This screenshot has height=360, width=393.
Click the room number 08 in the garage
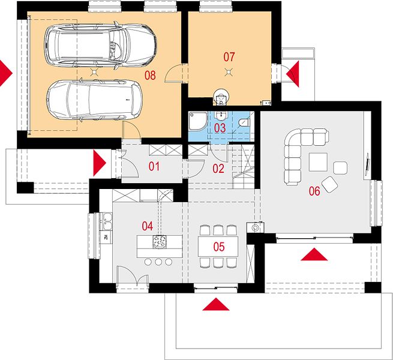[150, 75]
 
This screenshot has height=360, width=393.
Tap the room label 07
[229, 56]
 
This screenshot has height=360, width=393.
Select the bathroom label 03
[220, 128]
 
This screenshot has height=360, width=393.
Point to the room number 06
[314, 191]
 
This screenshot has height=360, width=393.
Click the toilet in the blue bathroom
[244, 122]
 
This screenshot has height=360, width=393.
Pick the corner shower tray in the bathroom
[198, 122]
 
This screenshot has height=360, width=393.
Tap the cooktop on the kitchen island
[160, 242]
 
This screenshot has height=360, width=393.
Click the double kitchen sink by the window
[106, 221]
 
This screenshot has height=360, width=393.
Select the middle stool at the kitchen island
[158, 262]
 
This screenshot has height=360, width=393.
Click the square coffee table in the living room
[318, 162]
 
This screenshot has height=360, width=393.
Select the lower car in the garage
[94, 100]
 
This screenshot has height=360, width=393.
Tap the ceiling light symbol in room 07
[228, 73]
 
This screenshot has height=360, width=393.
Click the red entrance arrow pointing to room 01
[100, 163]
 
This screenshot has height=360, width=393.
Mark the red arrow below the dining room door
[216, 304]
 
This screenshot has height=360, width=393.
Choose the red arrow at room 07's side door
[292, 74]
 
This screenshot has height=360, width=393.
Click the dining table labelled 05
[218, 247]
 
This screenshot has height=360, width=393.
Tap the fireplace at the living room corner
[255, 227]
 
